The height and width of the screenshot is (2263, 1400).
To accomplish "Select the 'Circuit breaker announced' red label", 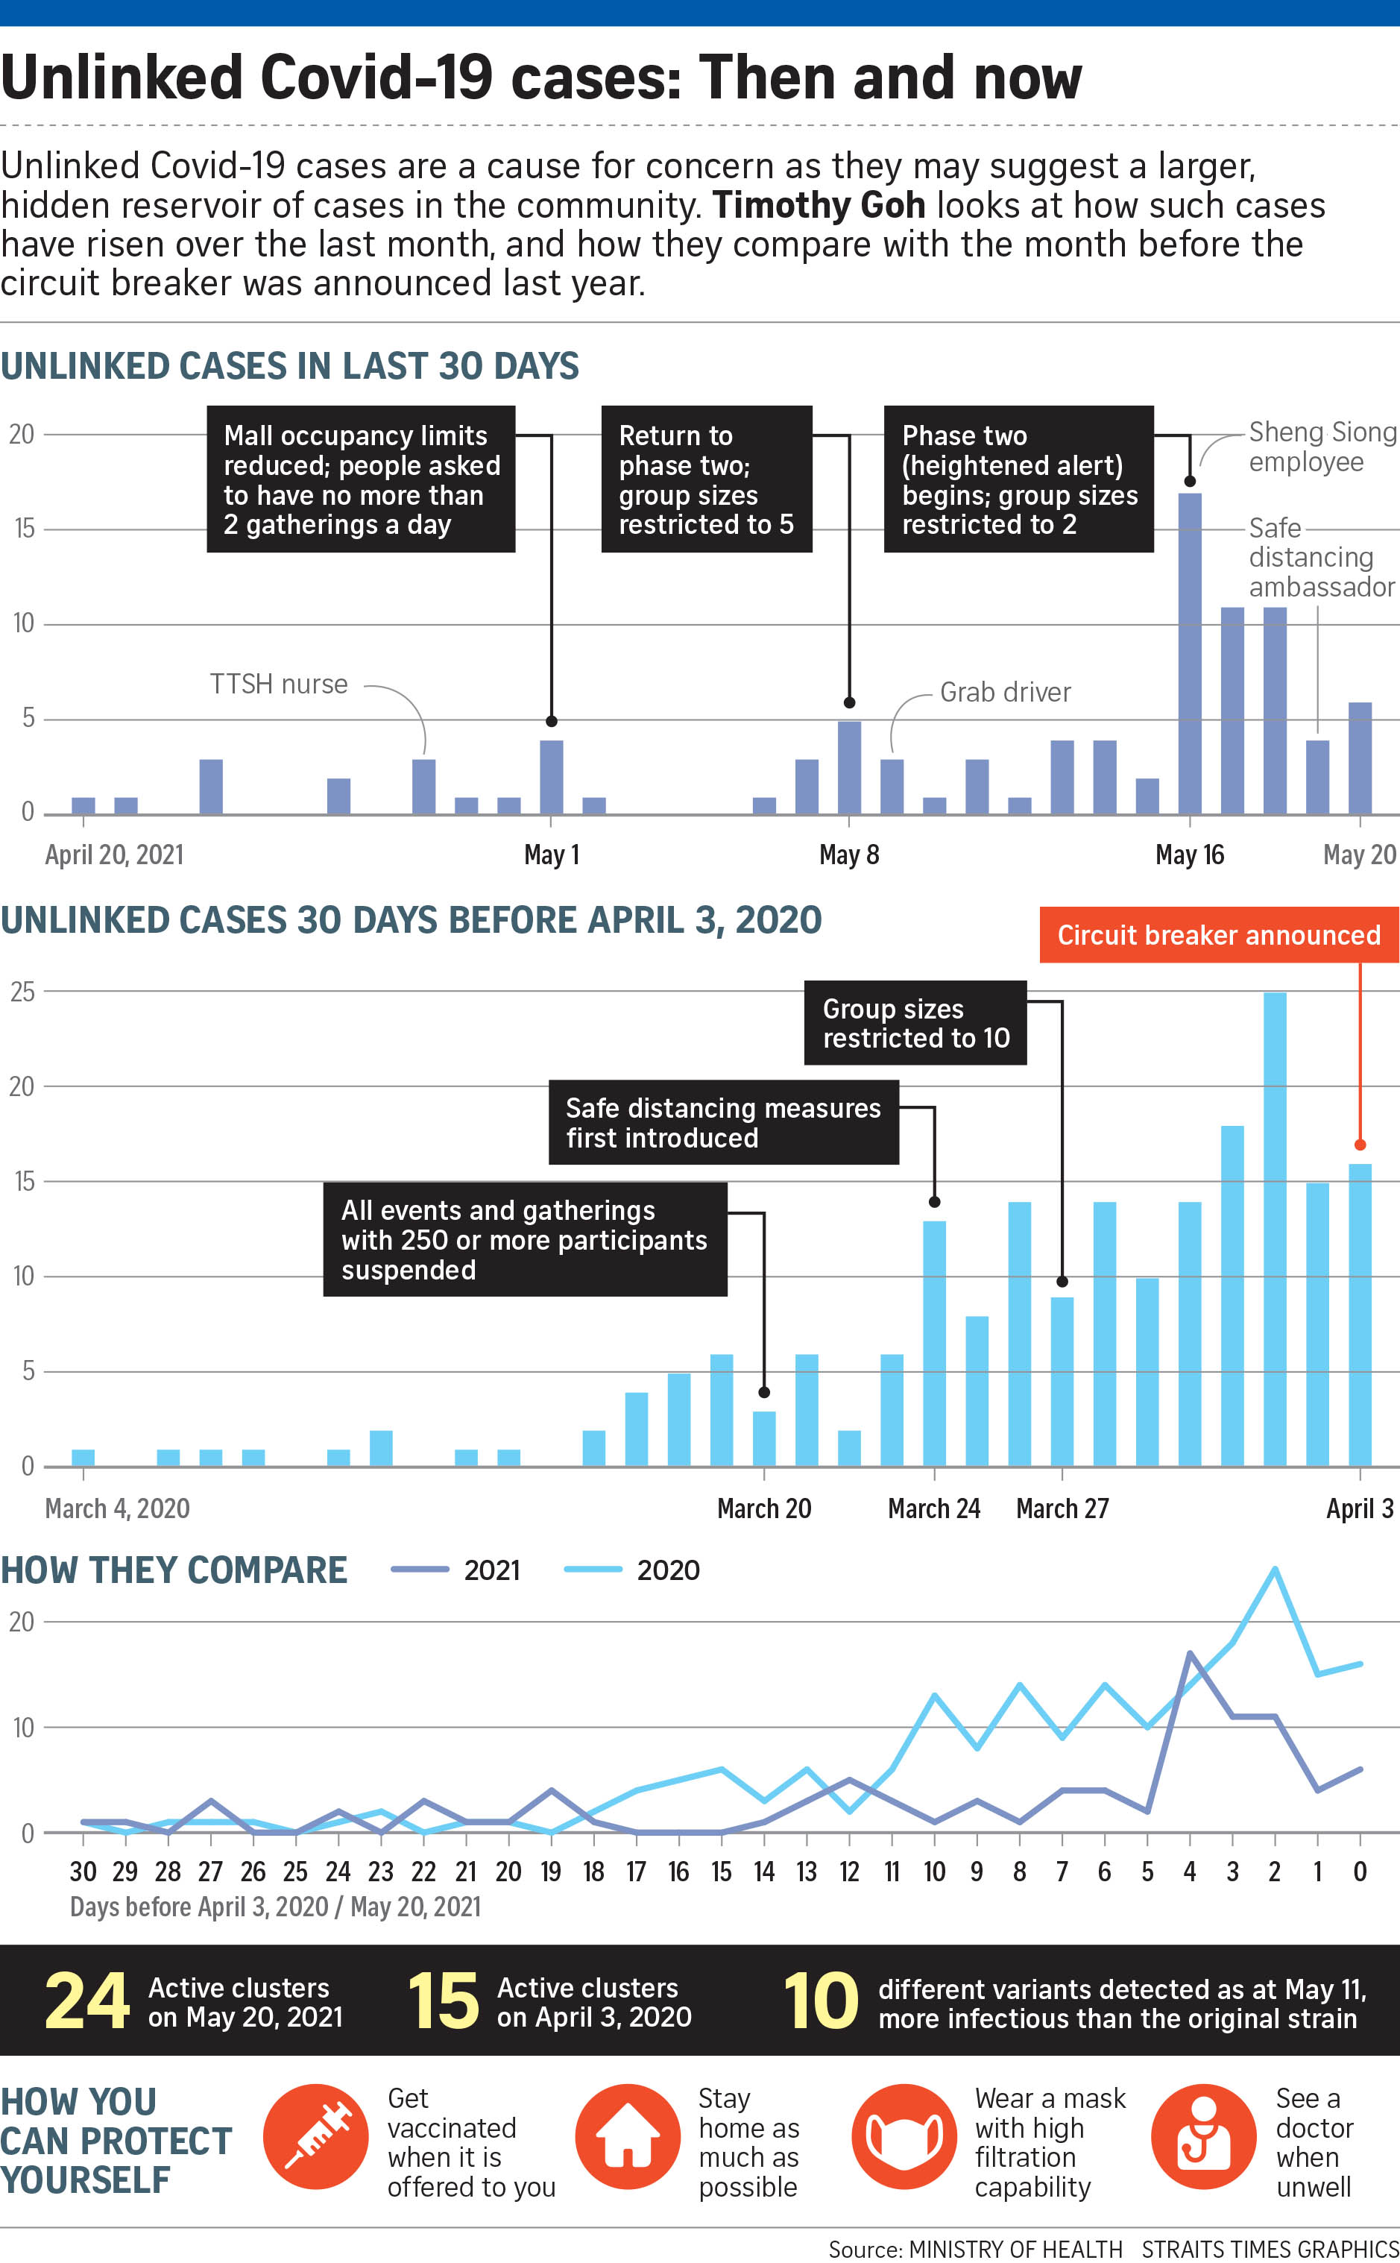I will (x=1219, y=934).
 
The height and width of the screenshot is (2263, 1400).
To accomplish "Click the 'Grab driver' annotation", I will (x=1005, y=692).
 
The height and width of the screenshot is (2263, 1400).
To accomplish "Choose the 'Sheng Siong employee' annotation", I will (x=1321, y=447).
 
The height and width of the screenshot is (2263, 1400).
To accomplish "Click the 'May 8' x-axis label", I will (x=848, y=854).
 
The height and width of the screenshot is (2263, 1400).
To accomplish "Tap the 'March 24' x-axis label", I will (x=933, y=1508).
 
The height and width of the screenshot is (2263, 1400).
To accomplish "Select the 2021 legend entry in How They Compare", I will (x=455, y=1570).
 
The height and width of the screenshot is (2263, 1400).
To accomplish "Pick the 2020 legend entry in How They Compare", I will (x=631, y=1570).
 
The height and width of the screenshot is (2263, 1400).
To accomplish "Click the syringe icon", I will (x=316, y=2136).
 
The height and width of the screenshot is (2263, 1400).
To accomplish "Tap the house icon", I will (x=628, y=2136).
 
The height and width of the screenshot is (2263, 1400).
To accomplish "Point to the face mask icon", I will (x=904, y=2136).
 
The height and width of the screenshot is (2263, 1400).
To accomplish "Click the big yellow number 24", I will (x=87, y=2001).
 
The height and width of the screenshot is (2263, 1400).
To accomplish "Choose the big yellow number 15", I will (x=443, y=2001).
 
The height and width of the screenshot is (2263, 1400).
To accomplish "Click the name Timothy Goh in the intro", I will (x=819, y=204).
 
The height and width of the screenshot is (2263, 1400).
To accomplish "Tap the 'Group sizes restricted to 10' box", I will (x=915, y=1022).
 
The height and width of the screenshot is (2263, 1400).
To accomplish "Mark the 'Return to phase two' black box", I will (x=707, y=479).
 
